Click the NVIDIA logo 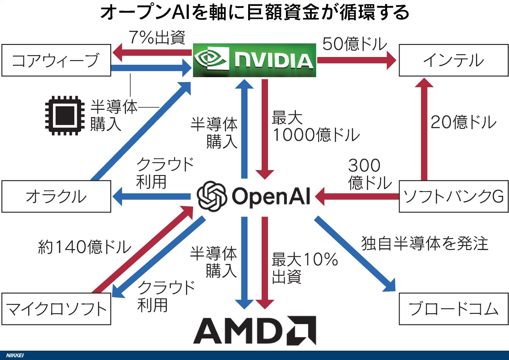255,60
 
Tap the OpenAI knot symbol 212,196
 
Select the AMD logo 255,331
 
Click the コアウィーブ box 56,60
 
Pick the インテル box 454,60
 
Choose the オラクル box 56,196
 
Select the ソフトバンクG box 454,196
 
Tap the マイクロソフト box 56,309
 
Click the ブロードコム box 454,309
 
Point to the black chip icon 65,116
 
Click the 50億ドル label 354,44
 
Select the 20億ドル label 463,122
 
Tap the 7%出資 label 157,37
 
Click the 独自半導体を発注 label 425,244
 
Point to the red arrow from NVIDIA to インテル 357,60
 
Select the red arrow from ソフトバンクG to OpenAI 357,196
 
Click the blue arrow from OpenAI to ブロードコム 355,254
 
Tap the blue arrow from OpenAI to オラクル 151,196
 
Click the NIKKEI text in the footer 15,355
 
